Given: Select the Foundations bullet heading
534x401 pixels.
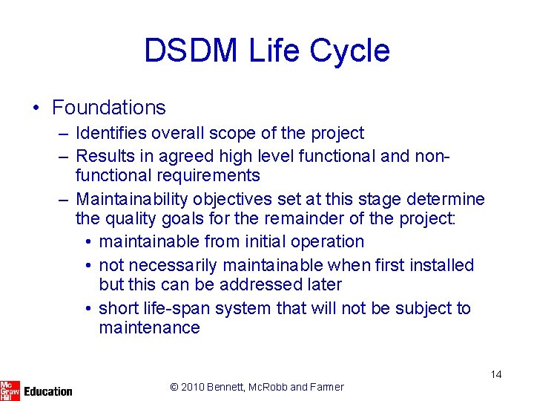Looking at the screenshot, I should (108, 108).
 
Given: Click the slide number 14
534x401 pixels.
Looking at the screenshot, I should (496, 374).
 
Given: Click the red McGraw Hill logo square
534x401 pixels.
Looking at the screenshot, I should (10, 390).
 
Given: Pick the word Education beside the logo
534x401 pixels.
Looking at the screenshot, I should (48, 391).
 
